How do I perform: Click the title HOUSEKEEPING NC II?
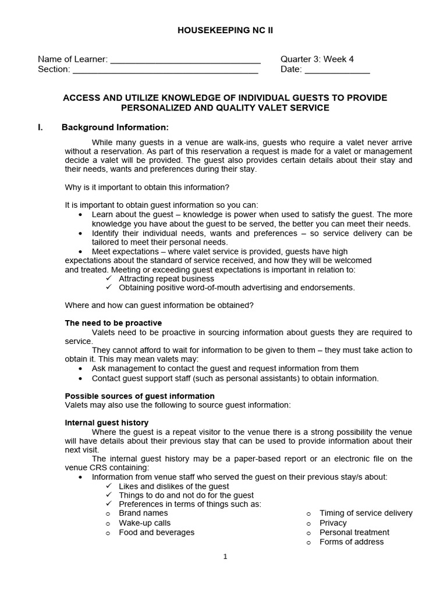[x=224, y=30]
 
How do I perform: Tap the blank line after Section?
[x=165, y=71]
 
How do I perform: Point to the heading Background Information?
[x=115, y=127]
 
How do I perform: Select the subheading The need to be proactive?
[x=113, y=323]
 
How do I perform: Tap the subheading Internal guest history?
[x=107, y=423]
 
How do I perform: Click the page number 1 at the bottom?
[x=225, y=556]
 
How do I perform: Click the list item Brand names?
[x=143, y=513]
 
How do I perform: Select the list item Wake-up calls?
[x=145, y=523]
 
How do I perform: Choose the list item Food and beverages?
[x=157, y=533]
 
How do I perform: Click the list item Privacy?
[x=333, y=523]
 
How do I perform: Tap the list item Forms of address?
[x=352, y=542]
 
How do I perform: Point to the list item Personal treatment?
[x=354, y=533]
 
